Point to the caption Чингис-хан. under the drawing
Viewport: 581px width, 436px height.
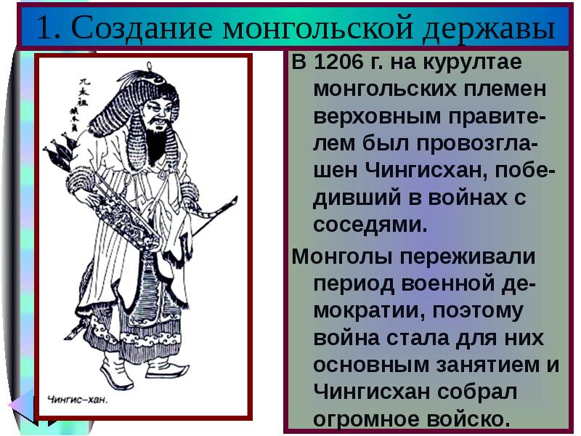click(78, 398)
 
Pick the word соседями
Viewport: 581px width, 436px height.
click(370, 224)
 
